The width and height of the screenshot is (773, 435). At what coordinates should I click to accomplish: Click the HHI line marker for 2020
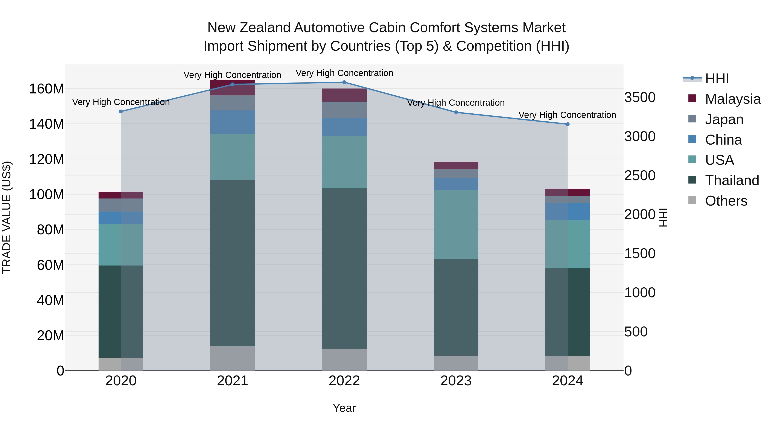click(121, 111)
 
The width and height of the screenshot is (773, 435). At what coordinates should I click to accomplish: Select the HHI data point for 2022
click(344, 82)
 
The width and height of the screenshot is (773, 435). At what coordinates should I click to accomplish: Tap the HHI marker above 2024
click(568, 124)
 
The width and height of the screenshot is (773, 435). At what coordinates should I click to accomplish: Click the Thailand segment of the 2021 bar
click(233, 263)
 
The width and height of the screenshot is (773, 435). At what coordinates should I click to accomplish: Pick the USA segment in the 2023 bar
click(456, 224)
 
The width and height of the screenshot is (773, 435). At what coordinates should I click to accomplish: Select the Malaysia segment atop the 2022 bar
click(344, 95)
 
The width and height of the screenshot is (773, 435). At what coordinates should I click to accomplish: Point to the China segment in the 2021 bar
click(233, 122)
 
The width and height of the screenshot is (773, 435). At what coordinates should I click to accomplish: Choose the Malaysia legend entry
click(732, 99)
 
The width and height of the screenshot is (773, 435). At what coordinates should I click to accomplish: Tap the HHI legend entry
click(717, 79)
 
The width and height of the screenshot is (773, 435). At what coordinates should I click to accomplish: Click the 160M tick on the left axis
click(47, 89)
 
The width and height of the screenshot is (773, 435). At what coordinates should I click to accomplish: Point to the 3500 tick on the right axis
click(640, 98)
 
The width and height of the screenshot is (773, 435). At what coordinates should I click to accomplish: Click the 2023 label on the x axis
click(456, 381)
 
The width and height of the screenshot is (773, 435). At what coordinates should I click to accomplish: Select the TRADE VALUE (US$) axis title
click(7, 217)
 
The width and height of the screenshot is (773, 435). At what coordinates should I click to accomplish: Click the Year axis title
click(344, 408)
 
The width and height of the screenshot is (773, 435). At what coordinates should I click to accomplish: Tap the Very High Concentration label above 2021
click(232, 75)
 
